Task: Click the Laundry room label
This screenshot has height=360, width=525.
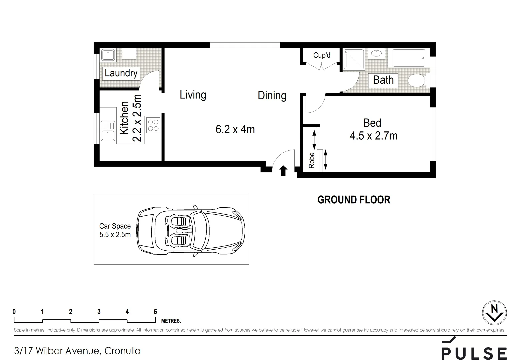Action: tap(121, 73)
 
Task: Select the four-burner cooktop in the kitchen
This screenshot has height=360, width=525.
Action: tap(153, 125)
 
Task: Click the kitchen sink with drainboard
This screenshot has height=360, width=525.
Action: tap(108, 131)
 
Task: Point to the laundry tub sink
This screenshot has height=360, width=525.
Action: tap(108, 55)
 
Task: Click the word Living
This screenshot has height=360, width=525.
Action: tap(193, 95)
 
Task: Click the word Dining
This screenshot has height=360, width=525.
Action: tap(272, 96)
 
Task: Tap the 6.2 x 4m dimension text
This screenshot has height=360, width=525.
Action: tap(235, 129)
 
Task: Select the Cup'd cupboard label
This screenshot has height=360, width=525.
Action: tap(322, 55)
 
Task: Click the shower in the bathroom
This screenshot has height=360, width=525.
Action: tap(354, 60)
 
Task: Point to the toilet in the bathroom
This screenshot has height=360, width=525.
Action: tap(416, 80)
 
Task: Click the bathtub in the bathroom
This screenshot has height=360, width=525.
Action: tap(409, 58)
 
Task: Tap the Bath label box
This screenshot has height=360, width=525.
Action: tap(383, 80)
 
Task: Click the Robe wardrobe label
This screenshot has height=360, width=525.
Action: tap(312, 160)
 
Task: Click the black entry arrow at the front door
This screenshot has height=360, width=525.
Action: tap(283, 171)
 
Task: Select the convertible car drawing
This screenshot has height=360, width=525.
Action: tap(191, 230)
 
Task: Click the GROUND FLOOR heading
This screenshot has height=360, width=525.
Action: tap(354, 200)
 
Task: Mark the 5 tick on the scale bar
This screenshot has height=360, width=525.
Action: tap(155, 312)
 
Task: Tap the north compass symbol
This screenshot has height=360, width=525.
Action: tap(494, 313)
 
